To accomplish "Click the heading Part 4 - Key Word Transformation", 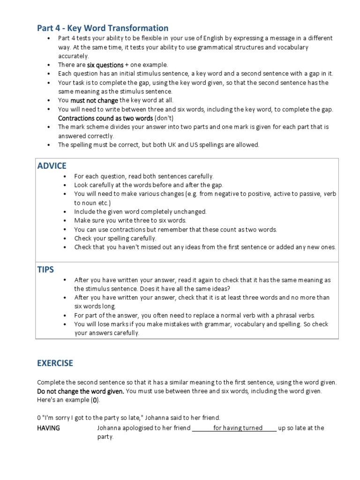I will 103,28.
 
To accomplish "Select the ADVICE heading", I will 52,165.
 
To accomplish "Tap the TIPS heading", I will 45,269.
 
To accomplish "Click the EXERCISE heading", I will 55,363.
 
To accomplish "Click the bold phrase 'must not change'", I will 95,100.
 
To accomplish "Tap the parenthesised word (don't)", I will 177,118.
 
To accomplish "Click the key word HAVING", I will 48,428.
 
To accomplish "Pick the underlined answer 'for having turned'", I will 238,428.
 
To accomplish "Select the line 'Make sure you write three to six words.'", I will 130,220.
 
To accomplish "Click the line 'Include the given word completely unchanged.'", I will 140,211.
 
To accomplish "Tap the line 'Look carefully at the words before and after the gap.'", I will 149,185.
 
